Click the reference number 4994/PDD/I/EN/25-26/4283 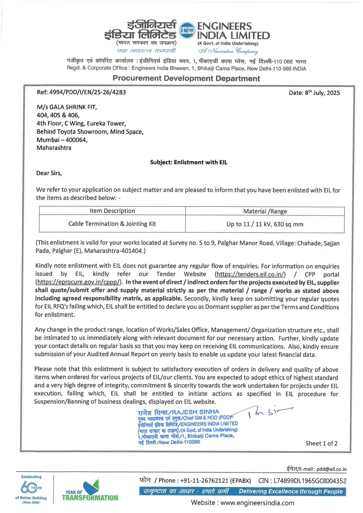[81, 92]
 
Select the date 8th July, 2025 [314, 93]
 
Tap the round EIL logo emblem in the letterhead [187, 30]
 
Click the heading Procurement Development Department [186, 78]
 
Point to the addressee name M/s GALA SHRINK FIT [67, 107]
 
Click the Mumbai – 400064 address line [62, 140]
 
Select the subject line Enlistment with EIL [189, 162]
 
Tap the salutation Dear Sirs [49, 173]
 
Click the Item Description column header [112, 211]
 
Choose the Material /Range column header [265, 211]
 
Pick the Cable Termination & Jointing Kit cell [112, 224]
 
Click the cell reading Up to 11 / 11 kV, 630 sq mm [265, 224]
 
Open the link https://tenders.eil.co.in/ [250, 274]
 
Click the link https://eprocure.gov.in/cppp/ [78, 282]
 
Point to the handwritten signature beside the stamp [269, 412]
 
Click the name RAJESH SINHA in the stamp [195, 412]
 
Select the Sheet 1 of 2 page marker [321, 443]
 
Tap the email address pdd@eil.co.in [331, 469]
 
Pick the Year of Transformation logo [90, 491]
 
